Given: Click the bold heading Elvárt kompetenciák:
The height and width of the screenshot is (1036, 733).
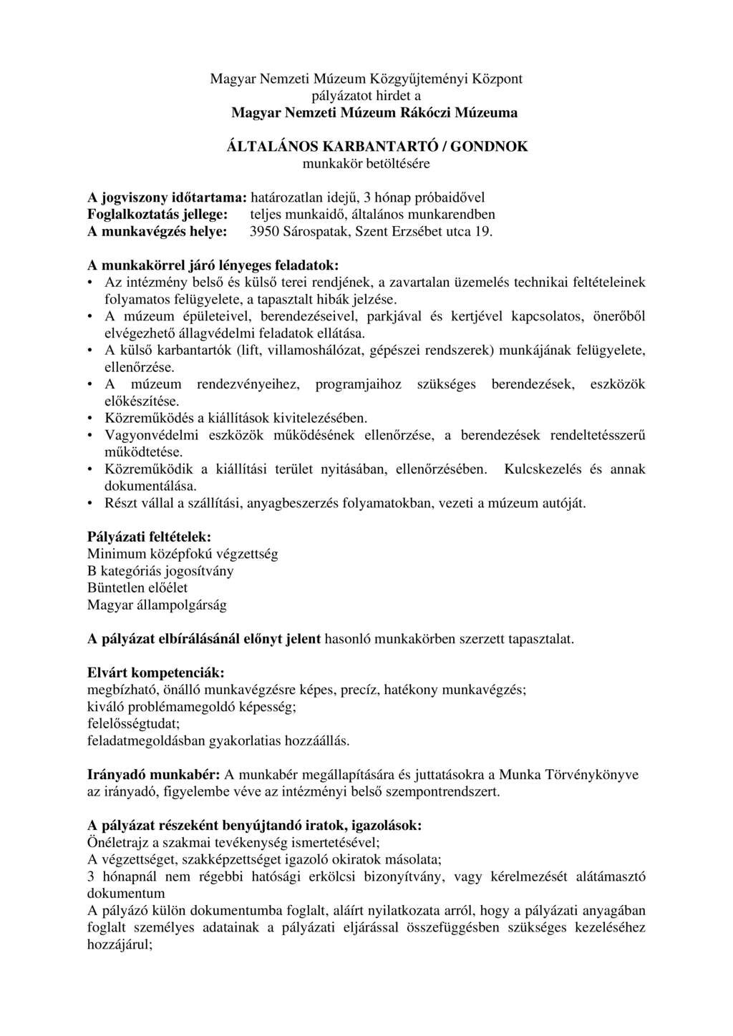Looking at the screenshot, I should [x=155, y=673].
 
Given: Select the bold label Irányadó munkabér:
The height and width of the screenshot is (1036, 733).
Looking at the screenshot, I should [x=153, y=775].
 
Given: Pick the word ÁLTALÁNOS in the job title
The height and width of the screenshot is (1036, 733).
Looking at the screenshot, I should [x=273, y=147].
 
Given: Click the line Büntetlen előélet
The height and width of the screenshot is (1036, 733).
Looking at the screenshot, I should [x=137, y=587].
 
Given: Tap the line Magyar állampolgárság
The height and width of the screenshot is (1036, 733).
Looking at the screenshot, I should [x=157, y=605].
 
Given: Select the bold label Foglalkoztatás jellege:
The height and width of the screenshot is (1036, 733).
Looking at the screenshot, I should [x=157, y=215].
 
